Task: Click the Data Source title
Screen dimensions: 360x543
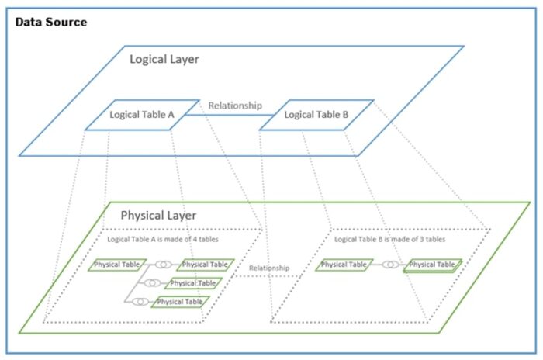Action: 51,22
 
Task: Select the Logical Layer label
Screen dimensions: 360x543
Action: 164,60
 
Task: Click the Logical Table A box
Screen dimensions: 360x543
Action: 142,115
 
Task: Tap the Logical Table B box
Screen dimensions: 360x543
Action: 316,115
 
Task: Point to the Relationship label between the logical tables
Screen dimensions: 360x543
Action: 236,106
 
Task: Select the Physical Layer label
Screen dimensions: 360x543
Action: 158,215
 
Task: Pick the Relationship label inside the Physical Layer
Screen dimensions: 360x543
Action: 269,268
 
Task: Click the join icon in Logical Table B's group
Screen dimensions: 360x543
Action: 391,265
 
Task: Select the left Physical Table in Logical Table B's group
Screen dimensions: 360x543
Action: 344,265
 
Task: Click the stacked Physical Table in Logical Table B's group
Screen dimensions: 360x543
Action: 432,265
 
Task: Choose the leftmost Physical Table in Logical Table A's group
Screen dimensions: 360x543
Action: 116,265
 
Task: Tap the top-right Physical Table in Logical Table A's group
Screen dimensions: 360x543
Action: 205,265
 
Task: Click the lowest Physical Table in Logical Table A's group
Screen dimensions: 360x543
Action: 180,302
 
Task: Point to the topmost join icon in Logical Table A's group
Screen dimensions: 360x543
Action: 163,265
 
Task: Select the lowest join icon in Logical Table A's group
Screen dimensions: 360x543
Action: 140,302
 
